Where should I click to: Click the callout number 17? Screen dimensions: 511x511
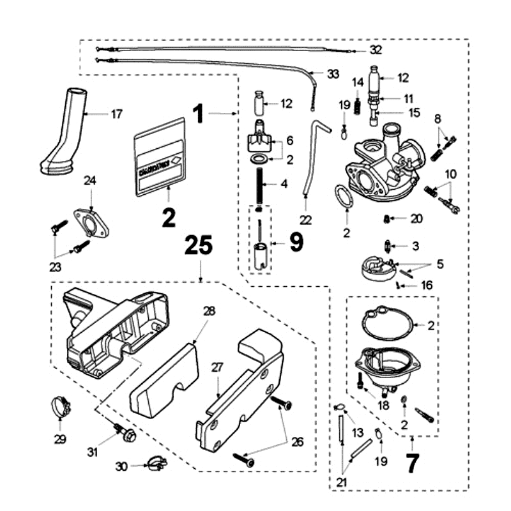pyautogui.click(x=116, y=115)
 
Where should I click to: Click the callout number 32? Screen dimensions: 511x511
pyautogui.click(x=376, y=50)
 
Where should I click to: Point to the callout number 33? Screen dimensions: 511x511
pyautogui.click(x=333, y=74)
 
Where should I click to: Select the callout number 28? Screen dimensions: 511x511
pyautogui.click(x=210, y=311)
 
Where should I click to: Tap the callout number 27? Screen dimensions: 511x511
pyautogui.click(x=217, y=367)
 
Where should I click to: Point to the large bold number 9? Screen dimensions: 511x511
pyautogui.click(x=297, y=241)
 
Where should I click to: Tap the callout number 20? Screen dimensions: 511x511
pyautogui.click(x=416, y=218)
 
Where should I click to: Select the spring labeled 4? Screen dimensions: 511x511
pyautogui.click(x=261, y=184)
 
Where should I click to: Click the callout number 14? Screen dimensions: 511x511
pyautogui.click(x=358, y=82)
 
